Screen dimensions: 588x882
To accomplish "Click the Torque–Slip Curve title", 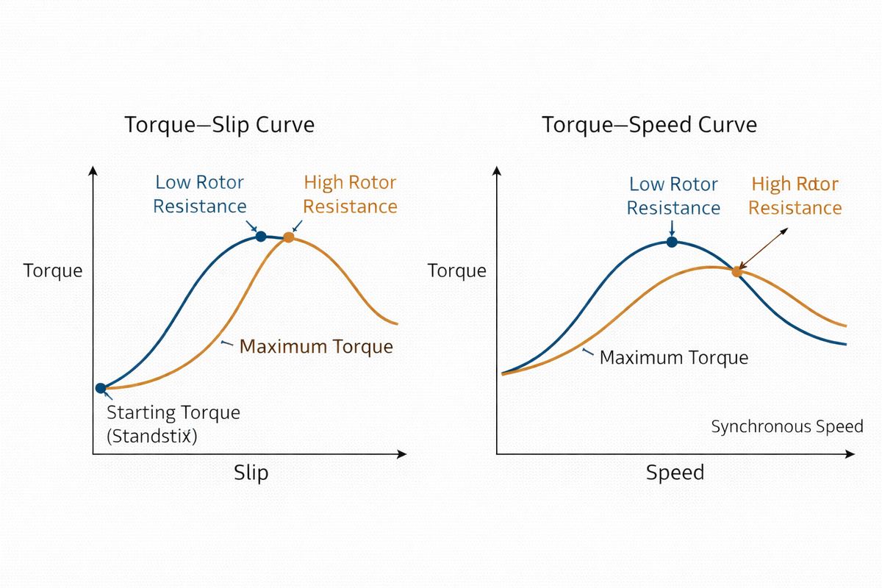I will click(220, 125).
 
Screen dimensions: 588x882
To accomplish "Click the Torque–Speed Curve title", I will click(649, 125).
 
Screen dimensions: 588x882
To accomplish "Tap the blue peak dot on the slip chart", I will click(260, 236).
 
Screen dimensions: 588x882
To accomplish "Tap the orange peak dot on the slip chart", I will click(288, 237).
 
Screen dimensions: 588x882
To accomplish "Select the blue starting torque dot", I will click(101, 388).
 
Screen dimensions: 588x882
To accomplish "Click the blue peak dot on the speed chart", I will click(672, 241).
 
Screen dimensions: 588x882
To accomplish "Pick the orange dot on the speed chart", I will click(736, 271).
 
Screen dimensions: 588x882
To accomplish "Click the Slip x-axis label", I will click(251, 472).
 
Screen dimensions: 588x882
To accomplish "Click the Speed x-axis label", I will click(675, 472).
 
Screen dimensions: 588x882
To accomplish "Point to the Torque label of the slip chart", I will click(53, 270).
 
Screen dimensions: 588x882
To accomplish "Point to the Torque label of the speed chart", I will click(456, 270).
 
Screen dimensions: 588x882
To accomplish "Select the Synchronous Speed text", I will click(786, 427).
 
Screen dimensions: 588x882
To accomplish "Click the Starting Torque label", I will click(173, 412).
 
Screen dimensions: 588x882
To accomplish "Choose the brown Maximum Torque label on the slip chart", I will click(316, 346).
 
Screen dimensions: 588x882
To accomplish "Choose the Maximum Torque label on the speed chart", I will click(673, 358).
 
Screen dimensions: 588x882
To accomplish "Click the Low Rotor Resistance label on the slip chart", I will click(199, 194).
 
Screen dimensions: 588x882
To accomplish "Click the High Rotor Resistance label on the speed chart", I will click(795, 196).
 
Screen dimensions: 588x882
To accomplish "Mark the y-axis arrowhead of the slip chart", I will click(93, 171).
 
